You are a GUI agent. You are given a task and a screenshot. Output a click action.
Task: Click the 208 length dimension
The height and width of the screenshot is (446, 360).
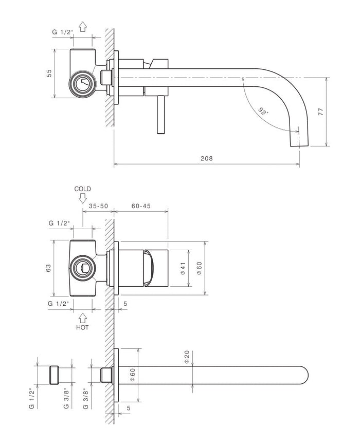tap(206, 159)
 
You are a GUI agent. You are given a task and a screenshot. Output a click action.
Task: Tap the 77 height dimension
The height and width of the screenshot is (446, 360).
tap(320, 113)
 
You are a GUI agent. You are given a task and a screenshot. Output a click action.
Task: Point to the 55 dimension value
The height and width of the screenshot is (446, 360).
tap(49, 73)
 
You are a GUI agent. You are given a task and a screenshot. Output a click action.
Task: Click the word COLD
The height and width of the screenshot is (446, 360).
tap(82, 189)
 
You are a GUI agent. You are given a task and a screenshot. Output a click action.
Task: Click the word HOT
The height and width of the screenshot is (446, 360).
tap(82, 327)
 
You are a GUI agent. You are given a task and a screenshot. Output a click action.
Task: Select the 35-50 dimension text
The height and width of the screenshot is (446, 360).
tap(98, 206)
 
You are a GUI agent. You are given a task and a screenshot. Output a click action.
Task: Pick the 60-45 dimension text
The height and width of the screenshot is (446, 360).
tap(140, 206)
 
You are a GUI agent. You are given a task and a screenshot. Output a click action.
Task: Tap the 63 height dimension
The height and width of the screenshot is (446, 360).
tap(48, 268)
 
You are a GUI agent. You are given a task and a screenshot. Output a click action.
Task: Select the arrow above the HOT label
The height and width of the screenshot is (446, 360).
tap(82, 319)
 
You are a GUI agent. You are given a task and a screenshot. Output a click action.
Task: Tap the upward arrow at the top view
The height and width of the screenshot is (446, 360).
tap(82, 27)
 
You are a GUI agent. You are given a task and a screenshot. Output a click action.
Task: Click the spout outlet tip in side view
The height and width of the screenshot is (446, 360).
tap(299, 142)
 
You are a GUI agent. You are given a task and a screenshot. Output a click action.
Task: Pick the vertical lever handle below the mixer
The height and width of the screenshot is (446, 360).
tap(159, 114)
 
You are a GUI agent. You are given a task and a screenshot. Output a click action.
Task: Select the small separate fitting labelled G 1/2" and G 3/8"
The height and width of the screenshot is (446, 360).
tap(55, 375)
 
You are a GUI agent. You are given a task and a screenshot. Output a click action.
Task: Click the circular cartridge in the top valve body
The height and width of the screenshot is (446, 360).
tap(83, 83)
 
